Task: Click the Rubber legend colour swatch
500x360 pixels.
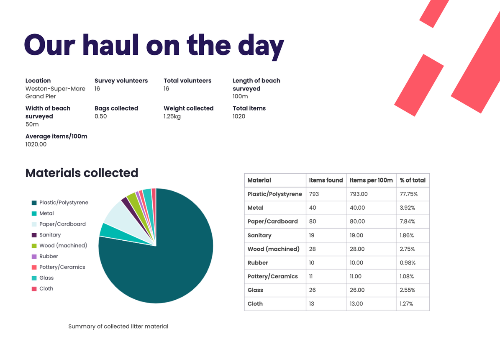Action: (x=34, y=257)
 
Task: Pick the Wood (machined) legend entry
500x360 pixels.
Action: (x=63, y=246)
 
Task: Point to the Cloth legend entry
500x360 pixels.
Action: (x=46, y=289)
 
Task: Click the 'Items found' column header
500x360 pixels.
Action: (x=326, y=180)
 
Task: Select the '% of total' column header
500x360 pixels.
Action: (x=413, y=180)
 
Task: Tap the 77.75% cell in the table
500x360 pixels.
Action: (x=409, y=194)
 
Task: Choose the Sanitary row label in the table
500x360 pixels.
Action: (x=259, y=235)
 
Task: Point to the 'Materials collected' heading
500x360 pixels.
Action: (x=82, y=173)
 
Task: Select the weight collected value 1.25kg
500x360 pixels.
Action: (x=172, y=116)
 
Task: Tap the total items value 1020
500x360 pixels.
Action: (x=239, y=116)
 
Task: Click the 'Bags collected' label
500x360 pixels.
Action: (x=116, y=108)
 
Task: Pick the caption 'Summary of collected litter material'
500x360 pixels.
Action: (x=118, y=327)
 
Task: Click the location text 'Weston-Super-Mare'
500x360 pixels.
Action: (x=55, y=89)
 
